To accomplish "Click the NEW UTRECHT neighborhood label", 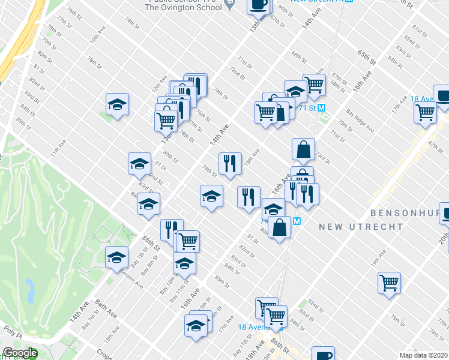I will pos(353,226).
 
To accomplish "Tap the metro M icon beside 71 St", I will pos(321,108).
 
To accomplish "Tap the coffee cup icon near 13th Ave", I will pos(258,5).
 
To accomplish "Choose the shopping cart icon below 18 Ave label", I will pos(425,112).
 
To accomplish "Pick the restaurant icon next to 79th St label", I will pos(229,163).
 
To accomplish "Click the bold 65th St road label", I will pos(366,58).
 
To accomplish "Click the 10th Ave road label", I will pos(94,38).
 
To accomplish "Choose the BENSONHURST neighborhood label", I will pos(408,213).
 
